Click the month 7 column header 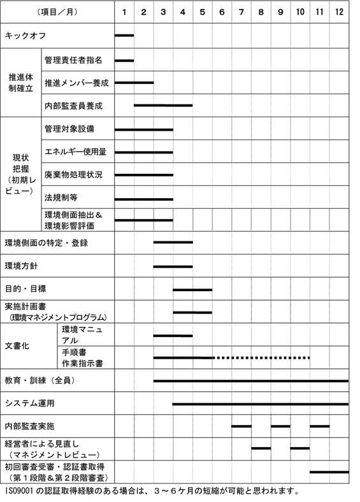tap(241, 12)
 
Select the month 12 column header tap(340, 12)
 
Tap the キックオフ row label tap(25, 36)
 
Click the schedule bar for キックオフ tap(124, 36)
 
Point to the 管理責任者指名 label tap(73, 60)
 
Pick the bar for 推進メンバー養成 tap(134, 82)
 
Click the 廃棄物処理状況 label tap(73, 175)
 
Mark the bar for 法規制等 tap(143, 199)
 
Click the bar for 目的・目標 tap(192, 289)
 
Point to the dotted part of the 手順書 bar tap(261, 358)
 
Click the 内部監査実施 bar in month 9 tap(280, 426)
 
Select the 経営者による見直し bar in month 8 tap(261, 448)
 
